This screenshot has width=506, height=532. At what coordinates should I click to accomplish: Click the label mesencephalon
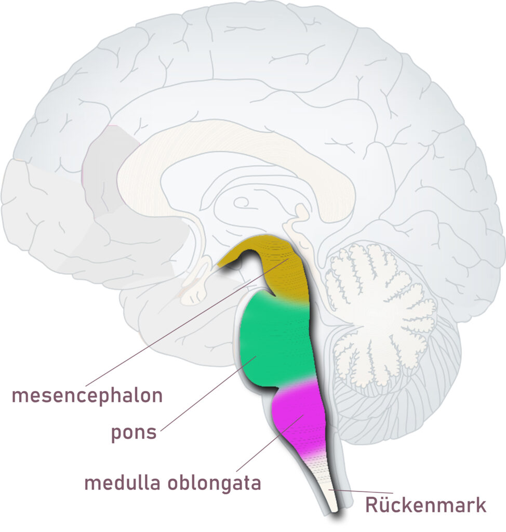[x=87, y=396]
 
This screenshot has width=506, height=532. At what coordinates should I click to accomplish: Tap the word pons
[x=134, y=432]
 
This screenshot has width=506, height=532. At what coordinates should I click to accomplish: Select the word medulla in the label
[x=120, y=483]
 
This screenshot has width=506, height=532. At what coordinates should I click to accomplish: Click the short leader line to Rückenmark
[x=364, y=491]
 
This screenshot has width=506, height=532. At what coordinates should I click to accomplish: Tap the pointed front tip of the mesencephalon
[x=221, y=263]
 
